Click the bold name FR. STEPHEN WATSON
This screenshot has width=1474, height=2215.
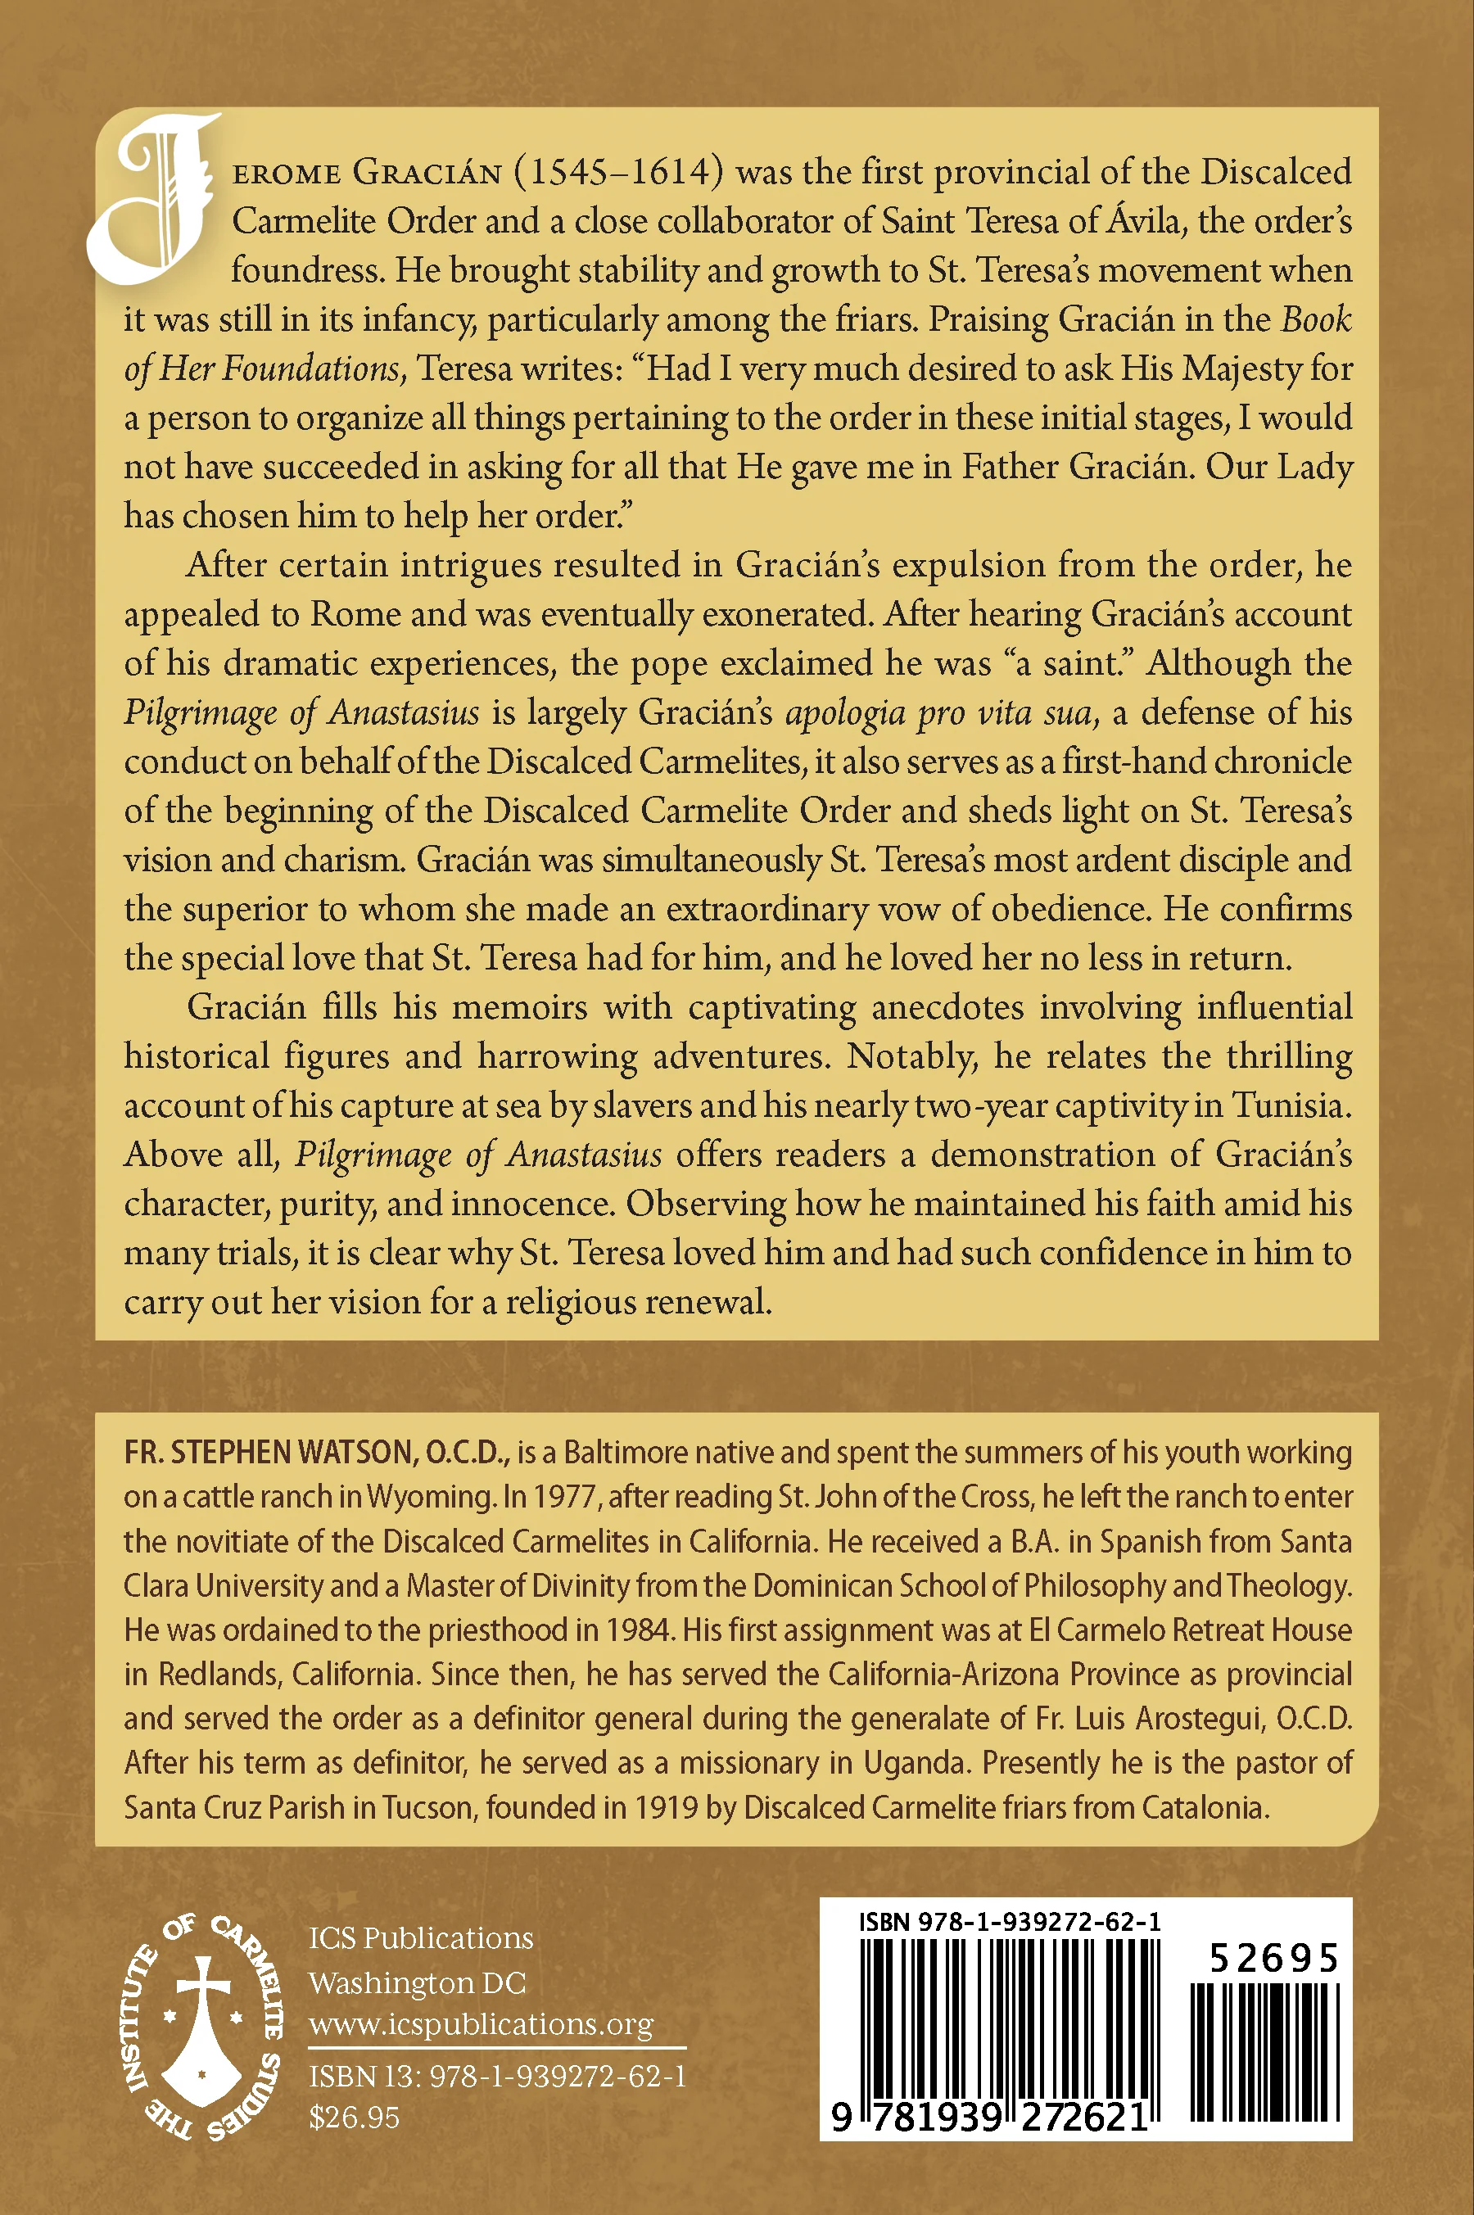(x=267, y=1452)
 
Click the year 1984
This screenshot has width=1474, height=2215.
(x=641, y=1630)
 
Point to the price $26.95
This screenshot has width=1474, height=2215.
(x=355, y=2118)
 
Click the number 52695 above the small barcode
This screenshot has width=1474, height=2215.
(x=1273, y=1959)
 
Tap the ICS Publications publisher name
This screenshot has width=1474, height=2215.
(x=420, y=1937)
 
